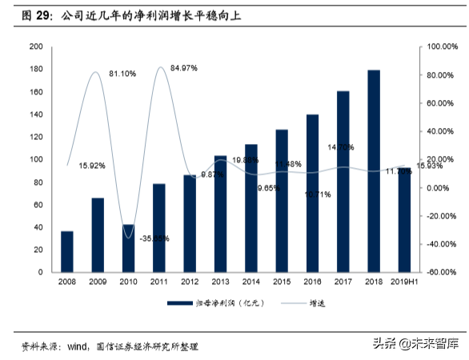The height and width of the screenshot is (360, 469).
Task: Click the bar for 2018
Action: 373,171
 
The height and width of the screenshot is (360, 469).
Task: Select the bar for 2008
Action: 66,251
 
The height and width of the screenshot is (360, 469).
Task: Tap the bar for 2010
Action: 128,248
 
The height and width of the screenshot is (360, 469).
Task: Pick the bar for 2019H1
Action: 404,219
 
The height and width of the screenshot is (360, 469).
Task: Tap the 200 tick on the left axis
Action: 36,46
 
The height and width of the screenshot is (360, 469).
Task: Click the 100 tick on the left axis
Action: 36,159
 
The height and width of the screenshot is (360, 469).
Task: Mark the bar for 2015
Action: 281,200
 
